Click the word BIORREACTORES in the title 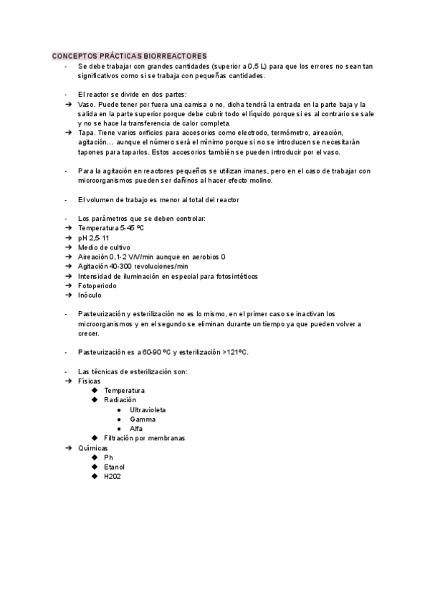click(175, 56)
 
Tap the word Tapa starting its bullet click(86, 133)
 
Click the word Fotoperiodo click(97, 285)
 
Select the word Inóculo click(90, 295)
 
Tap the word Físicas click(89, 381)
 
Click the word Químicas click(92, 447)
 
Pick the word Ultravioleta click(148, 409)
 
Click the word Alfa click(136, 429)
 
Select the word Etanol click(114, 467)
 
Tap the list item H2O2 click(113, 476)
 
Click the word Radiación click(120, 399)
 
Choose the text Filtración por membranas click(144, 438)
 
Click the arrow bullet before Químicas click(67, 447)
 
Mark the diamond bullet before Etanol click(95, 467)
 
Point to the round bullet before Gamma click(119, 419)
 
